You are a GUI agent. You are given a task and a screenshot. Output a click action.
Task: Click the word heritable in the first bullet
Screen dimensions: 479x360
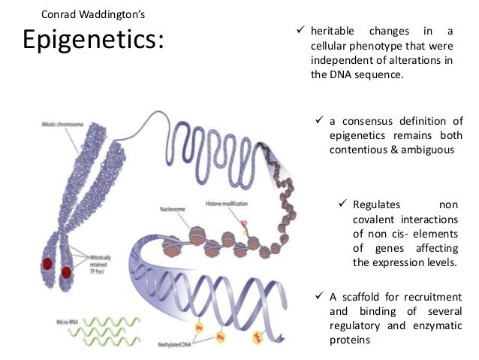click(331, 32)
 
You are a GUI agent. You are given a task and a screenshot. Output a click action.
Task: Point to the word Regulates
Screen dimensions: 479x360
click(377, 204)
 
